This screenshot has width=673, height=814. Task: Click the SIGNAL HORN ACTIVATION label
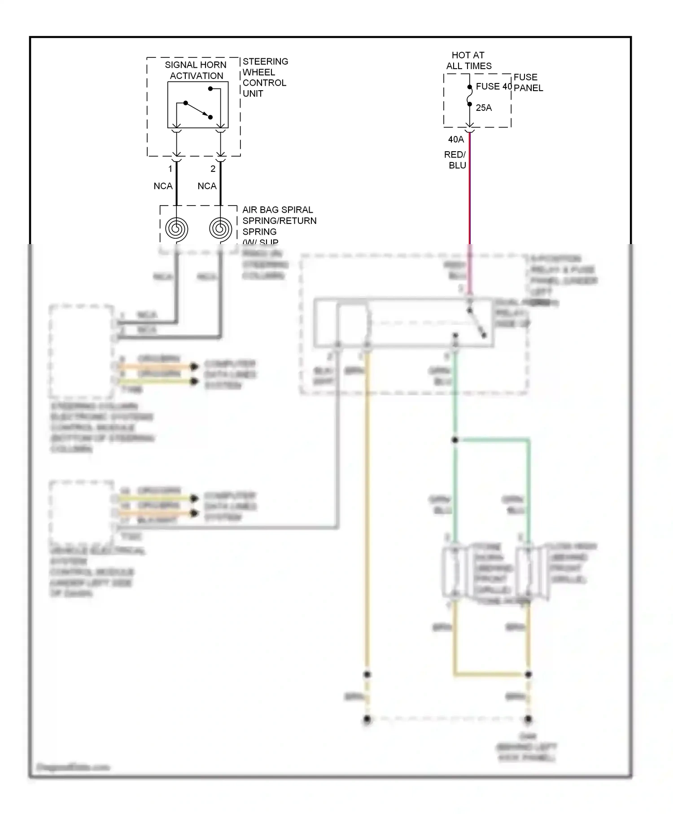(x=196, y=70)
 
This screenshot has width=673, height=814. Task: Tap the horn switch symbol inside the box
(x=198, y=109)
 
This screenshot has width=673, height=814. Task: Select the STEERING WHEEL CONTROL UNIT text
(x=265, y=77)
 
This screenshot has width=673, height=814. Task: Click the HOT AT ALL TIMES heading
(x=468, y=60)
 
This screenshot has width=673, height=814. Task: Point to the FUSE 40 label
(x=493, y=86)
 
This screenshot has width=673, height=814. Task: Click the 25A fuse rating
(x=483, y=108)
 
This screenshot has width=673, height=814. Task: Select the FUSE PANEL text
(x=528, y=83)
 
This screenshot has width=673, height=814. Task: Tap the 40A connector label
(x=456, y=140)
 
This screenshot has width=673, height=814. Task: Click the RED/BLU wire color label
(x=455, y=160)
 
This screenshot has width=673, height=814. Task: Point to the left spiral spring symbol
(x=176, y=229)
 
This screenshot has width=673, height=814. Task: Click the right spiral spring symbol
(x=220, y=229)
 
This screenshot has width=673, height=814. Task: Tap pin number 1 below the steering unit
(x=170, y=169)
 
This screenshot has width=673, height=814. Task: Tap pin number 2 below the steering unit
(x=213, y=169)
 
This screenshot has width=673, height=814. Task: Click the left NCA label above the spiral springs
(x=163, y=186)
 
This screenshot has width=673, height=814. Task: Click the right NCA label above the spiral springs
(x=207, y=186)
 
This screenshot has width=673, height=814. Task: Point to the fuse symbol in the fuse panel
(x=469, y=96)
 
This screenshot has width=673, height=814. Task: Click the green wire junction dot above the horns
(x=455, y=440)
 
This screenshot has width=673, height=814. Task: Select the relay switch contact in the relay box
(x=476, y=322)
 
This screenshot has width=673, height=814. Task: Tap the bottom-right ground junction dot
(x=528, y=719)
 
